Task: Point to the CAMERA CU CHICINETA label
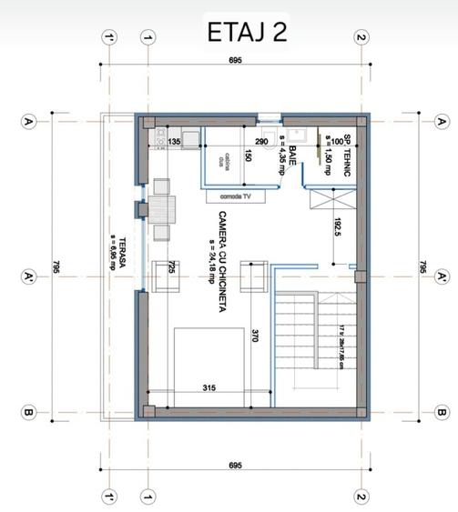[x=222, y=262]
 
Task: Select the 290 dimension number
[x=260, y=143]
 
